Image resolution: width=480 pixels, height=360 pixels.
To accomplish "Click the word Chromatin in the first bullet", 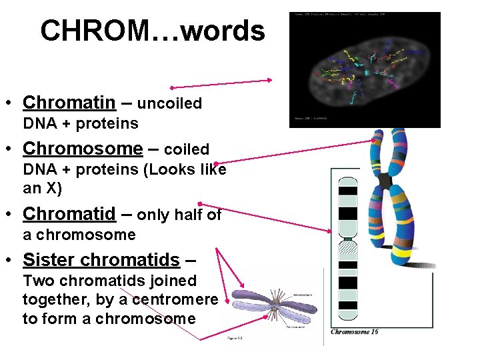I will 69,103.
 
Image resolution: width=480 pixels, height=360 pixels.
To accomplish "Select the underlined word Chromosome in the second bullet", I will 83,149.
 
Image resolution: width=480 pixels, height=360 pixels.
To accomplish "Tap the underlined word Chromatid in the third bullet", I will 69,214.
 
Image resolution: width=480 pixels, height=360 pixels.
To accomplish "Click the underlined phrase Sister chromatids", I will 101,259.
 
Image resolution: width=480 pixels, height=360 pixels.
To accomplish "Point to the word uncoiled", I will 169,104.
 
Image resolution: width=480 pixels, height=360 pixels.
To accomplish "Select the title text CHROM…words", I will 152,31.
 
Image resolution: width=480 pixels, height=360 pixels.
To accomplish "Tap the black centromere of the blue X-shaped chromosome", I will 385,181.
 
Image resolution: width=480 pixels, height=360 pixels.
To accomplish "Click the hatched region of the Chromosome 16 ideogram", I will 348,251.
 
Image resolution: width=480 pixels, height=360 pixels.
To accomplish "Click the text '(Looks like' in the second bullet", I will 185,169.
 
